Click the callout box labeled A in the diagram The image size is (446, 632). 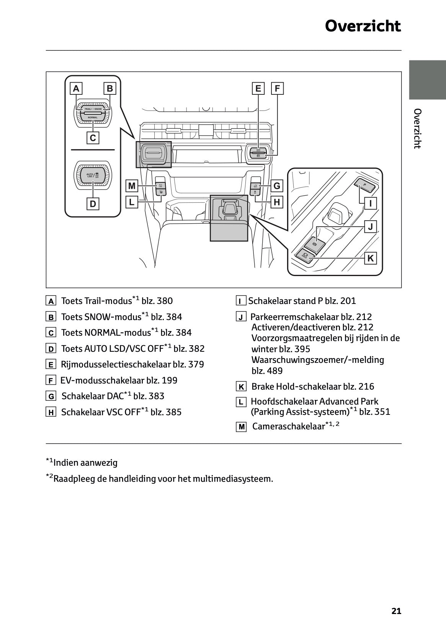[76, 89]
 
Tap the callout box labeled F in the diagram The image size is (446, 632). [277, 89]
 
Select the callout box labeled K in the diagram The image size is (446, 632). [370, 258]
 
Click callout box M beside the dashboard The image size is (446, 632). [132, 186]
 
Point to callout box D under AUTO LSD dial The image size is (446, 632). [93, 204]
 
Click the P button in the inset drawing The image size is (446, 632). [364, 185]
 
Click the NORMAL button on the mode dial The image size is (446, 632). [93, 117]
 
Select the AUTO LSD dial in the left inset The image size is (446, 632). [93, 175]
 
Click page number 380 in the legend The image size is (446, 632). [165, 301]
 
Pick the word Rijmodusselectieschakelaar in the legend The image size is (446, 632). [115, 364]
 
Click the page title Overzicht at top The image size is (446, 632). [363, 26]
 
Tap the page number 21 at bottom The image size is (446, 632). [396, 611]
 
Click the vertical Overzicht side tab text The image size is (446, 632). [418, 128]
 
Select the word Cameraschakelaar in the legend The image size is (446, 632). [288, 426]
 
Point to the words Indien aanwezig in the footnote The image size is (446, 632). [85, 463]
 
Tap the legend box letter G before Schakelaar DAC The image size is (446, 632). [51, 396]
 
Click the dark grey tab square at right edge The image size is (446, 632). [427, 80]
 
